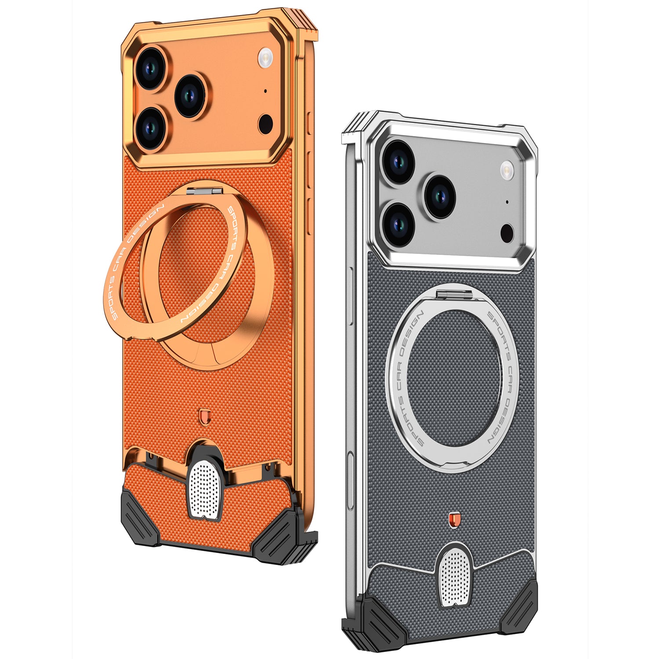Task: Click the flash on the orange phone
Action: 266,58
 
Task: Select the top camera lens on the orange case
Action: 151,68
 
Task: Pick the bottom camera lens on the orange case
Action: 151,128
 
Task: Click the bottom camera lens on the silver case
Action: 398,224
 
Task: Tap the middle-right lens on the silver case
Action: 439,196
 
